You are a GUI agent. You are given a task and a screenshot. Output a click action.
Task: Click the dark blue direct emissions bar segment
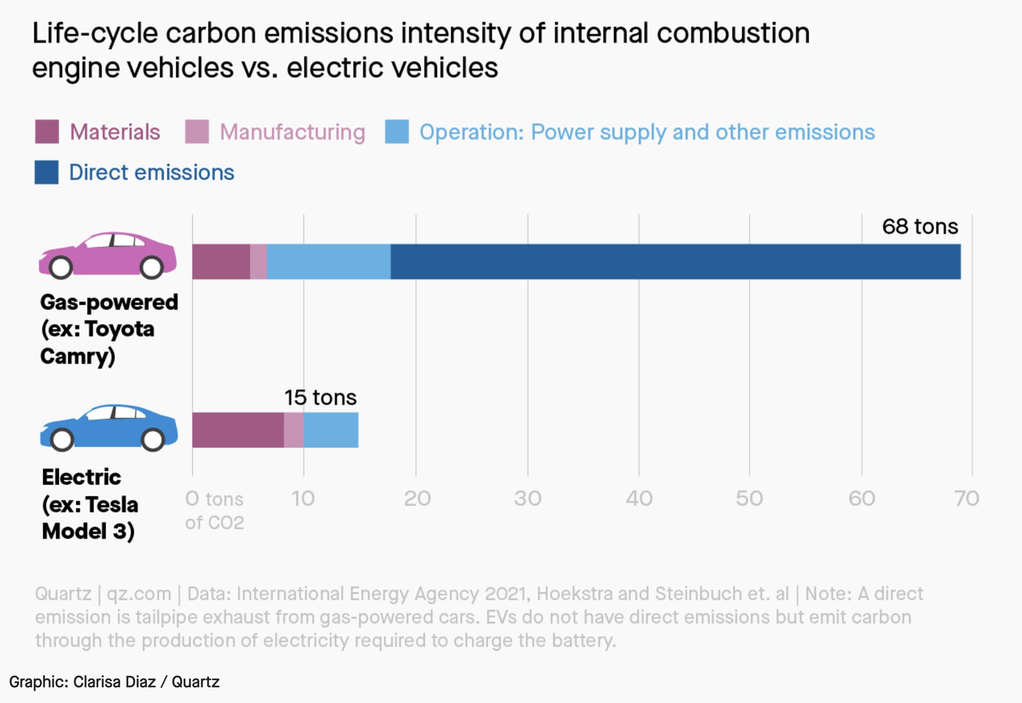(675, 262)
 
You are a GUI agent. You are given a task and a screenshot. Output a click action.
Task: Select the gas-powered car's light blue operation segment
(328, 262)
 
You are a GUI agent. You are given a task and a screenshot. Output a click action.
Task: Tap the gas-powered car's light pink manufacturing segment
(259, 262)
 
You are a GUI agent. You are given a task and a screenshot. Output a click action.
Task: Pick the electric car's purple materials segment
(238, 430)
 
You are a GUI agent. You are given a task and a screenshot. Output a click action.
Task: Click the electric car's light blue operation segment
(331, 430)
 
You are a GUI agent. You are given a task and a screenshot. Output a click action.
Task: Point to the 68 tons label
(920, 227)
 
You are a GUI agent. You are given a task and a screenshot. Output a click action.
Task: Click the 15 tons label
(320, 398)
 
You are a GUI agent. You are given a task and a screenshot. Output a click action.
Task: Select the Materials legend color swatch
(47, 132)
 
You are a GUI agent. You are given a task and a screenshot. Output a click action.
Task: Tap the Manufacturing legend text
(292, 133)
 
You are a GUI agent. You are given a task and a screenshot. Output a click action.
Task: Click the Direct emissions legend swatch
(47, 172)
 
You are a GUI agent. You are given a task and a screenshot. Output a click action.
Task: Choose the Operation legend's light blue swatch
(397, 132)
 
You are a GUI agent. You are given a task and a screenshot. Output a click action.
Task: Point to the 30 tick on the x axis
(528, 499)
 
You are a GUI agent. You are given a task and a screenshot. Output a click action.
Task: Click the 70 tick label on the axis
(966, 499)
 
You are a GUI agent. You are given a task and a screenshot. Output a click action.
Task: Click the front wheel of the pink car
(61, 268)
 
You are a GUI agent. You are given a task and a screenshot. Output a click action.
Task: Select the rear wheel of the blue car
(152, 440)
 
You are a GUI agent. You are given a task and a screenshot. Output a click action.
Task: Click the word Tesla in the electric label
(112, 505)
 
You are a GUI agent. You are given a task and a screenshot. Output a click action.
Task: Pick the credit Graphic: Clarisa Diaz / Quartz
(114, 682)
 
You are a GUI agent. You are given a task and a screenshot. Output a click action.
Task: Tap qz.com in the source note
(139, 594)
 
